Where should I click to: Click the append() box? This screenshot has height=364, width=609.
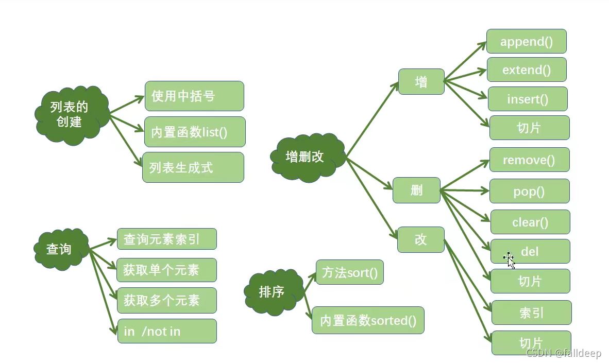526,42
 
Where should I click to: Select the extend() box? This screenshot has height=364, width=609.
527,70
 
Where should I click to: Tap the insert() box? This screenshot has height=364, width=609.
528,99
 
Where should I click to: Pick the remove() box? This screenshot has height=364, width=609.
529,160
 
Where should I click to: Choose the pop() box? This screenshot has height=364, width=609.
529,192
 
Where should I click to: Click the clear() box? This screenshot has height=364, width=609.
530,222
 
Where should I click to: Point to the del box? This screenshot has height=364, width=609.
530,252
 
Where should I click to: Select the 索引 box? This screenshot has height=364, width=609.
531,313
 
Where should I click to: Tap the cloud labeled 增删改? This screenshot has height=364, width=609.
307,157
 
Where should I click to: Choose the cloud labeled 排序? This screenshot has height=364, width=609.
273,292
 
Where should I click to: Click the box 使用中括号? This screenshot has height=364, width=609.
194,96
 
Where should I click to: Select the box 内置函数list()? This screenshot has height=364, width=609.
195,132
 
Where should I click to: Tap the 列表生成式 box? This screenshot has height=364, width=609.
193,167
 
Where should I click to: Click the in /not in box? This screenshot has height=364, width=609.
166,331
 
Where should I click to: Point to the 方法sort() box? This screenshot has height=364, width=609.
349,272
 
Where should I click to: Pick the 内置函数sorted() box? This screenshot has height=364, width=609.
368,321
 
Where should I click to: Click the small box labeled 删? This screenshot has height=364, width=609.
416,190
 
